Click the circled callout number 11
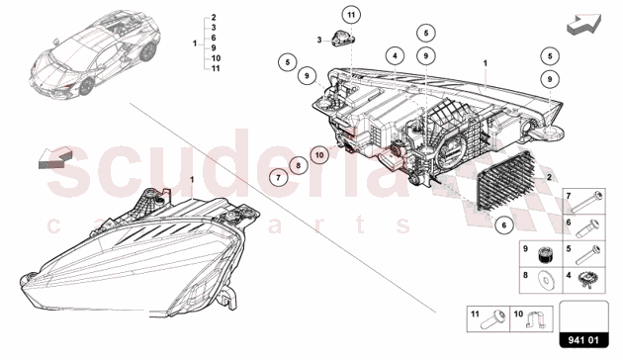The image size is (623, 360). [x=351, y=16]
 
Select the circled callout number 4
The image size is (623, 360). [x=395, y=55]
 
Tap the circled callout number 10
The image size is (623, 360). [x=319, y=155]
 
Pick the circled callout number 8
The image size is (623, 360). [x=298, y=166]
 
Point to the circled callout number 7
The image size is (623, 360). [x=278, y=177]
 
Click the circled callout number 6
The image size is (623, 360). [x=503, y=225]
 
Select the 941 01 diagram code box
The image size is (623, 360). [x=583, y=324]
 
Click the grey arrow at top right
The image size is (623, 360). [x=583, y=24]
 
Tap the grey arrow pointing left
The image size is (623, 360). [x=55, y=157]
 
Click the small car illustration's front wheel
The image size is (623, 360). [x=86, y=87]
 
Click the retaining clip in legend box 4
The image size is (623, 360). [x=585, y=280]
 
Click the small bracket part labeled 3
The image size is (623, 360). [x=342, y=39]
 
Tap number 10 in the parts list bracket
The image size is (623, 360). [x=216, y=58]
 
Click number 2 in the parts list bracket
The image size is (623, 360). [x=214, y=17]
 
